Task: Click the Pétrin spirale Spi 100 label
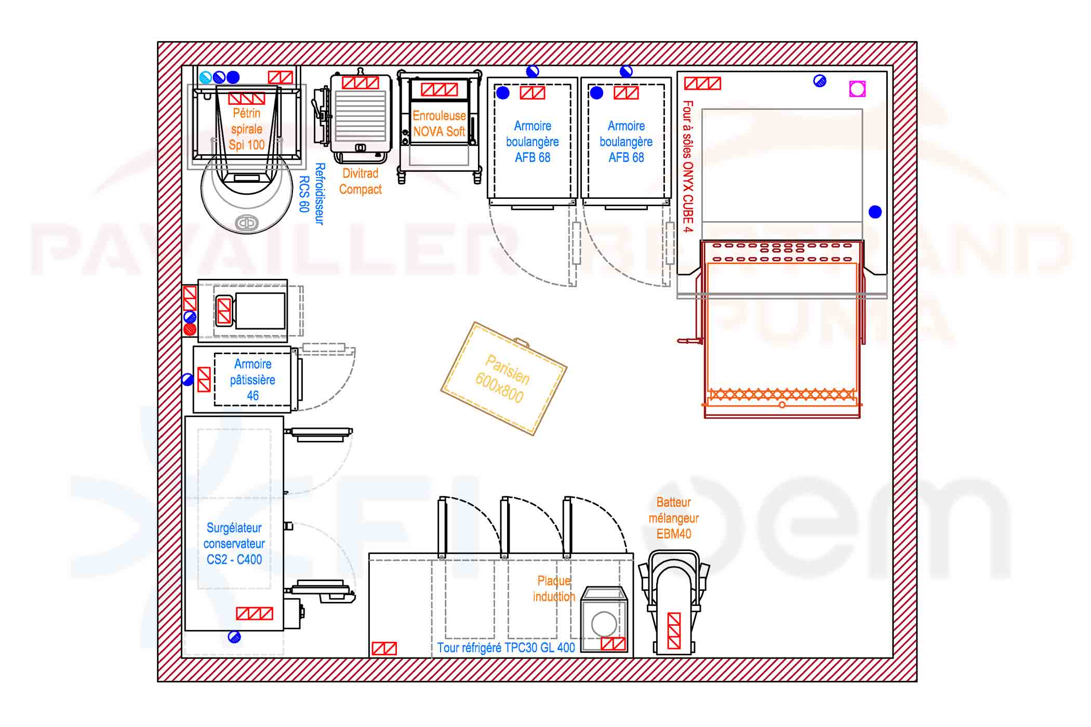246,129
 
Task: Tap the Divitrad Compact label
360,181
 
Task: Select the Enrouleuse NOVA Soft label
439,124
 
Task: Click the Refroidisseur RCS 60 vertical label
312,194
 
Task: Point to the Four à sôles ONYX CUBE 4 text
687,166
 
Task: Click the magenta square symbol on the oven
857,89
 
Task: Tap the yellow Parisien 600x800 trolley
503,379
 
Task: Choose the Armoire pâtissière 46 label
252,380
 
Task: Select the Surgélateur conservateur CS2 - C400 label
234,544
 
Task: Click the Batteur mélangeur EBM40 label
673,518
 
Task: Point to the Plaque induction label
554,588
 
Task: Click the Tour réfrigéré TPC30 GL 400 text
506,648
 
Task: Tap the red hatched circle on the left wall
190,329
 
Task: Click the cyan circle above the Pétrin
206,77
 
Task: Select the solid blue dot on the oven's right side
875,212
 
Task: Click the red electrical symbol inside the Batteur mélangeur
674,630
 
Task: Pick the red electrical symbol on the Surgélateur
254,613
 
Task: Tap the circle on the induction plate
604,624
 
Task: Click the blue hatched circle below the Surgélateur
234,637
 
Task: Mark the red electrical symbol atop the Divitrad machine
361,83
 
